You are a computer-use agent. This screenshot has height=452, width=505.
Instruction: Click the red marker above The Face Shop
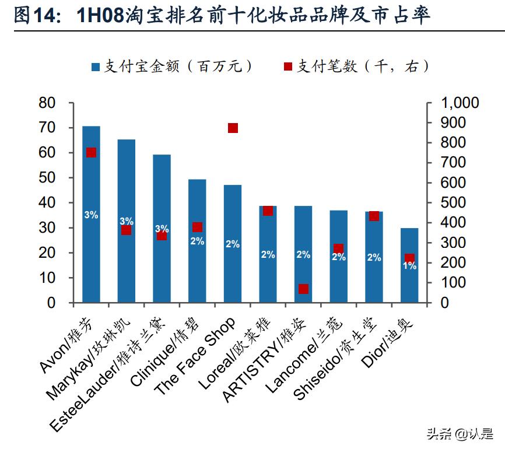coord(233,128)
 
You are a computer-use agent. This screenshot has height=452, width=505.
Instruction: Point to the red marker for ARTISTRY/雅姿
coord(303,289)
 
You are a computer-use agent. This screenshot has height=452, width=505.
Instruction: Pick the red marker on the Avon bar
coord(91,152)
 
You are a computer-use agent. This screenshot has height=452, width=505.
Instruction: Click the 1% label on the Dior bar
coord(409,266)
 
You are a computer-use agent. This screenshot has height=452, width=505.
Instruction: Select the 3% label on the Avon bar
coord(91,215)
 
